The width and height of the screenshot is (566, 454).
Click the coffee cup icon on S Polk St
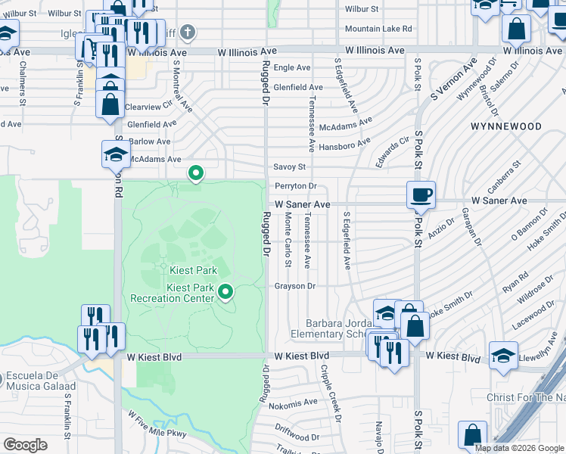[421, 194]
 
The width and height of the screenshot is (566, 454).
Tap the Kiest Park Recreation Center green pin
[225, 291]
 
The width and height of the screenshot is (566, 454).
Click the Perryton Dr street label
[295, 186]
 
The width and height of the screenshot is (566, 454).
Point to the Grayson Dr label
[294, 286]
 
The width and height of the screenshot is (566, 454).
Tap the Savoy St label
[290, 167]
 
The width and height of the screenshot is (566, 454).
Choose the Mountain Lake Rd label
[378, 29]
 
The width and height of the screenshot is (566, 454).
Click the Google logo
[25, 445]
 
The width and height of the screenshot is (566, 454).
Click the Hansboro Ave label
[344, 145]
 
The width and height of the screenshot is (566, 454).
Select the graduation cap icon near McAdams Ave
[116, 155]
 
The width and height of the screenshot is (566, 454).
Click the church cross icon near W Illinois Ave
[188, 32]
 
